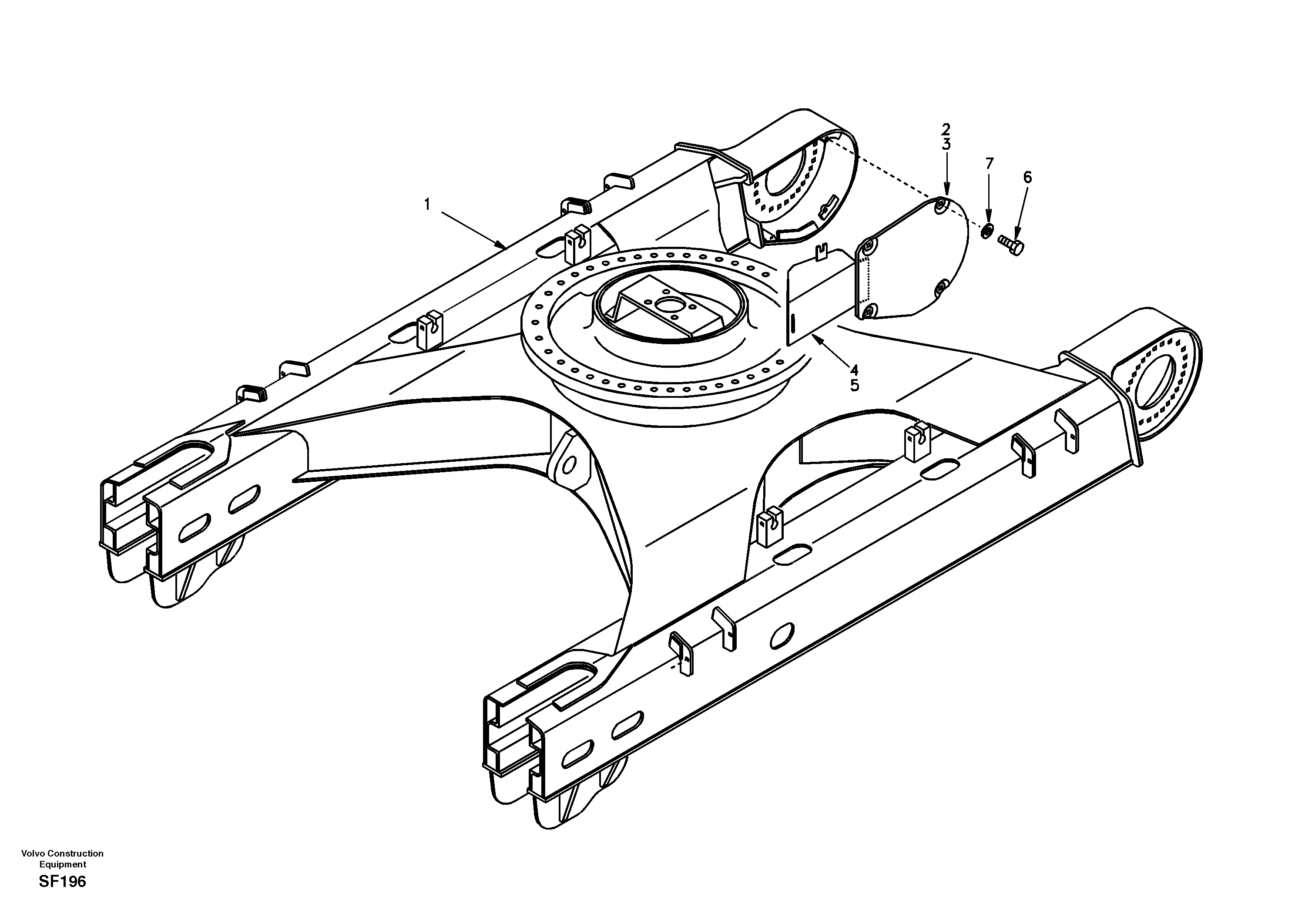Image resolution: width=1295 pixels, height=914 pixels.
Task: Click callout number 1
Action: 427,204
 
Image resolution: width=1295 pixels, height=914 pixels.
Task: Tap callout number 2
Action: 946,129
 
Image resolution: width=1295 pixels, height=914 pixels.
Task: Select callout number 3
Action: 946,144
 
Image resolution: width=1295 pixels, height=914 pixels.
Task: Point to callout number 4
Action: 855,370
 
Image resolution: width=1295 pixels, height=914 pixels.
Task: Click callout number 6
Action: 1027,178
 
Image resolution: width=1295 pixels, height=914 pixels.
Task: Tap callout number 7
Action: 989,164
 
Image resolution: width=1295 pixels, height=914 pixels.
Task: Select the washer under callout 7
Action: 986,231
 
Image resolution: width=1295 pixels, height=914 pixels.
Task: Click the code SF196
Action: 62,882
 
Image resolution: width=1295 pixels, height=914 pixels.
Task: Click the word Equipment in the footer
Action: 62,864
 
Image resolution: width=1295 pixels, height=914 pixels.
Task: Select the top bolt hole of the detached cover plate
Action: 939,205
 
